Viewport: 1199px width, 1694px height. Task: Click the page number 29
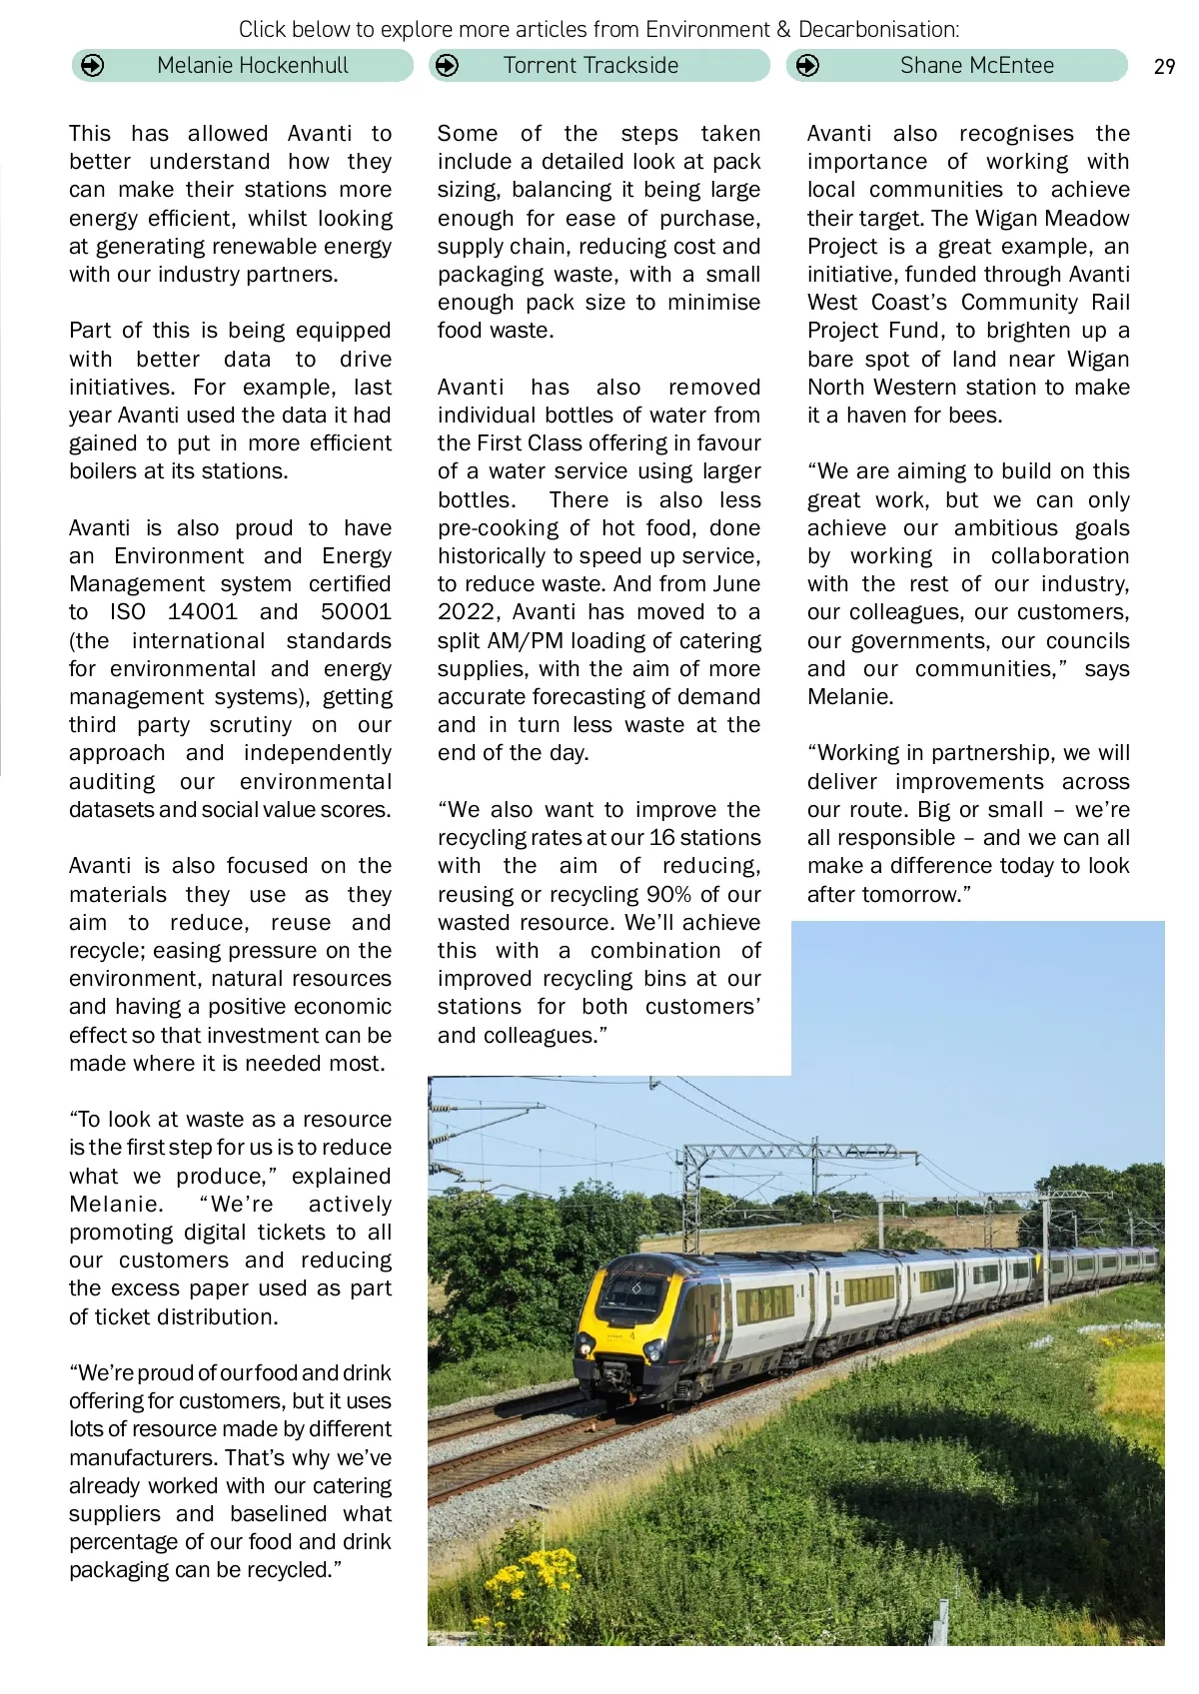pos(1164,67)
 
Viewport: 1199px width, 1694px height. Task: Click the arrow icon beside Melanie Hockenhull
pos(92,66)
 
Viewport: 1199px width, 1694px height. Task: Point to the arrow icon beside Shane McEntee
pos(807,66)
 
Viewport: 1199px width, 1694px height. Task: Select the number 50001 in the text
pos(356,612)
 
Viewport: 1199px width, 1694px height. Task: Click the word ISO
pos(128,612)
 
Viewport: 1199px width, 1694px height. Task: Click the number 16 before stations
pos(662,838)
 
